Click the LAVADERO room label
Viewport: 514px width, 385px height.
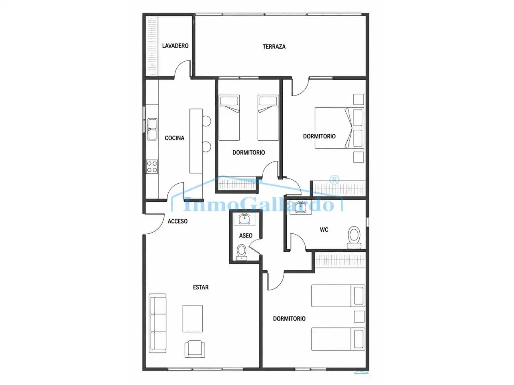coord(175,46)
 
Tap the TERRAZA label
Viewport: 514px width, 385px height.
coord(274,47)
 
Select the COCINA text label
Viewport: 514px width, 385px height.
coord(174,138)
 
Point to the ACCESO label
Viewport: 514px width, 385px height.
coord(177,221)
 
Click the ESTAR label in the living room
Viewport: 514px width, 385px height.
coord(201,287)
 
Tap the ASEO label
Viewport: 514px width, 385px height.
coord(246,235)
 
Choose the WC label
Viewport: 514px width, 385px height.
coord(324,229)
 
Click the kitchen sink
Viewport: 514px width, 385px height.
coord(152,129)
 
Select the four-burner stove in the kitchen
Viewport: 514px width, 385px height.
coord(152,167)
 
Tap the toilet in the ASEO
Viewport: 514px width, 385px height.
coord(241,252)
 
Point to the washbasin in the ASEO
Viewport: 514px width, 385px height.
coord(245,219)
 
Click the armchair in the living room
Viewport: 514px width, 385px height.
coord(195,349)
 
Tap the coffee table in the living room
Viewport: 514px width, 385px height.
coord(192,318)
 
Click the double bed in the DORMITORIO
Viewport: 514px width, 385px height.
coord(339,128)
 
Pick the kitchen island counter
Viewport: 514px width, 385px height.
coord(196,141)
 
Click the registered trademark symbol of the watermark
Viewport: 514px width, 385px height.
coord(335,180)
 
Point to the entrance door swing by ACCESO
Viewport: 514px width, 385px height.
coord(155,224)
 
